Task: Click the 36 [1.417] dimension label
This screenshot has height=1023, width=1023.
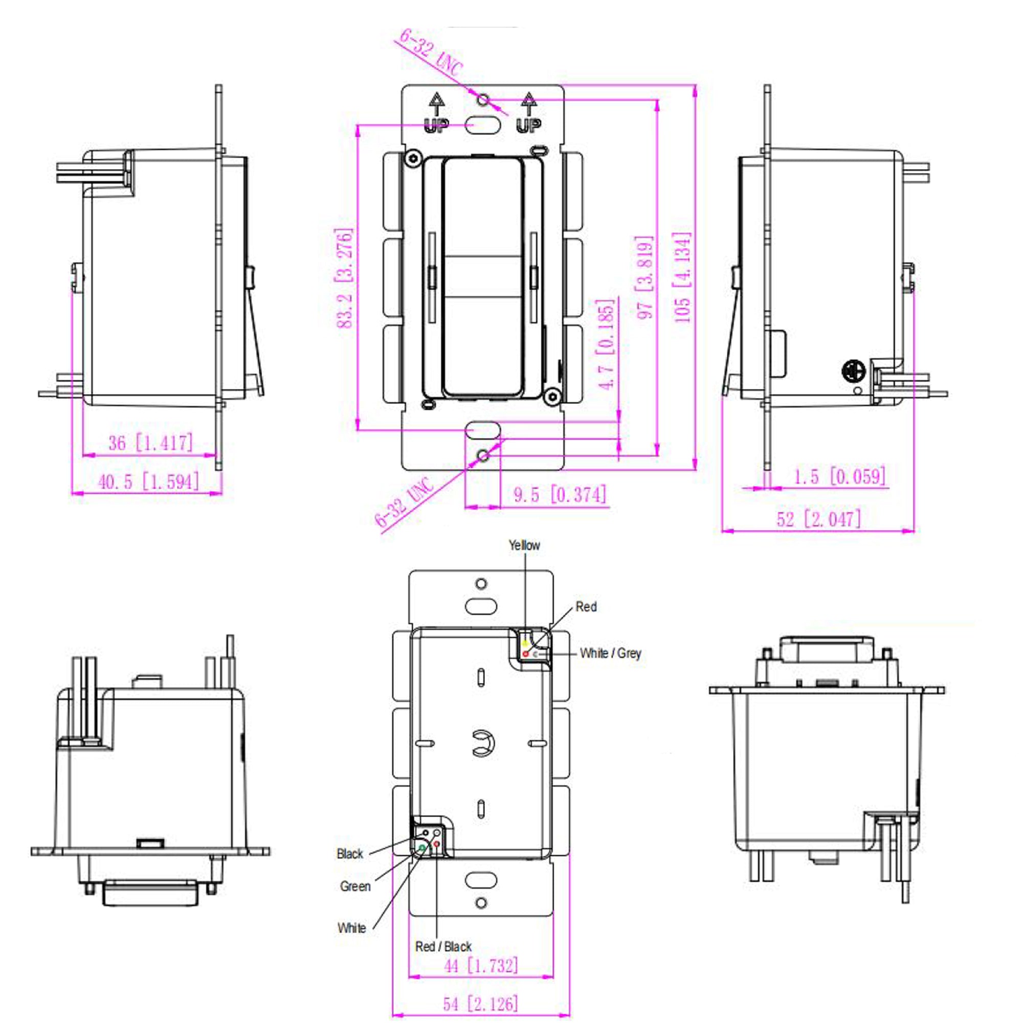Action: [151, 442]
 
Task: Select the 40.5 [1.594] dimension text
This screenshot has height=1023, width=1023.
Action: [149, 481]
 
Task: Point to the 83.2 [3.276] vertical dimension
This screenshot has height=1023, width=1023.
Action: [345, 278]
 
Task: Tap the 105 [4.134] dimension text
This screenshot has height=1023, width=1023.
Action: [682, 276]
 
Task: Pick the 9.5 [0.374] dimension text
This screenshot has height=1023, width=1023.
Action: [560, 495]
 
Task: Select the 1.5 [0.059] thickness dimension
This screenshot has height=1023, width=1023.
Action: [839, 477]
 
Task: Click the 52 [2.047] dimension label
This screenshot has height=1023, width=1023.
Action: [818, 518]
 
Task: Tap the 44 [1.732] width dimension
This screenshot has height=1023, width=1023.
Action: [481, 966]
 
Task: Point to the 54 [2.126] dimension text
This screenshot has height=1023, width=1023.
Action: [480, 1004]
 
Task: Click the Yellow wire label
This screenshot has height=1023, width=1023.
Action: [524, 545]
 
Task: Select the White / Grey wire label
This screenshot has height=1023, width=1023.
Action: [610, 653]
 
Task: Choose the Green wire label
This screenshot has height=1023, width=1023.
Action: [355, 886]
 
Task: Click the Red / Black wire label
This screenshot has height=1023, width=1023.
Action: [443, 947]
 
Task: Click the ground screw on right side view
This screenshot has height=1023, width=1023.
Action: [853, 372]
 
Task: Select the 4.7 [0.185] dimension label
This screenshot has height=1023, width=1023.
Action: [606, 344]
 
